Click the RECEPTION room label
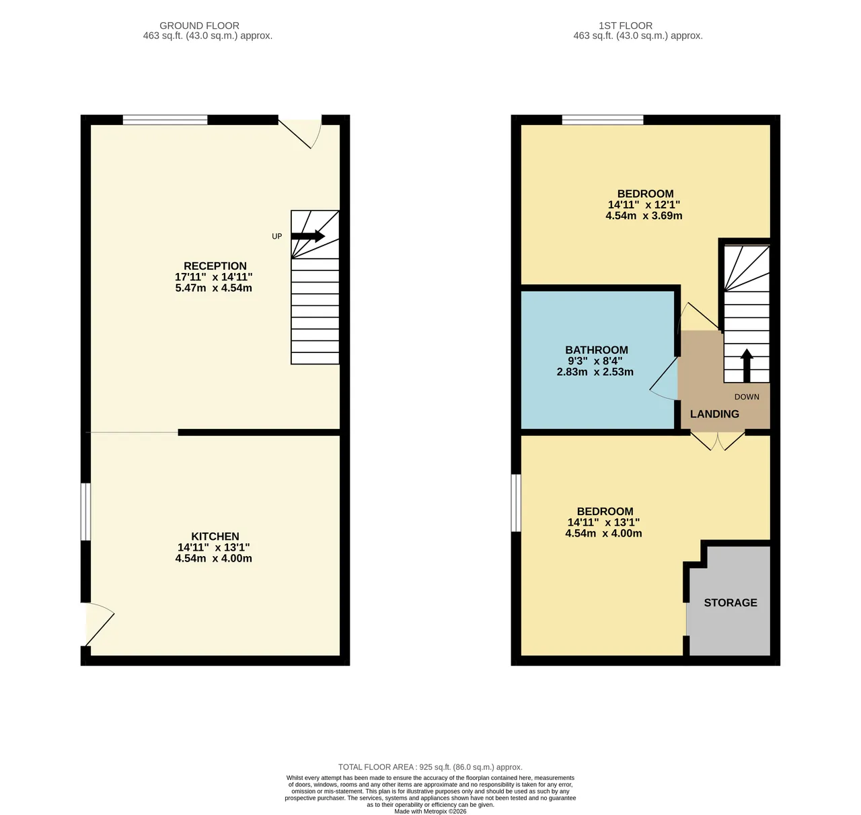[215, 266]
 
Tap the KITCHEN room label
[215, 537]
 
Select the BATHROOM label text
[597, 350]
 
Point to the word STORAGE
[731, 603]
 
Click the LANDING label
[715, 414]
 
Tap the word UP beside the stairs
[276, 237]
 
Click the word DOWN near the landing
[747, 397]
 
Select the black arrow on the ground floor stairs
[308, 236]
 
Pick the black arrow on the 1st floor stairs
[747, 366]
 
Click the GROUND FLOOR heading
[199, 26]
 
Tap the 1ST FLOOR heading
[626, 26]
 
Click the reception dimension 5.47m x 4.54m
[214, 288]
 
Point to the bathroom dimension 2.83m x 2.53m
[595, 372]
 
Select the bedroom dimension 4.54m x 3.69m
[644, 215]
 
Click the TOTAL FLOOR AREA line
[430, 767]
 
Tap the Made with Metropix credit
[430, 811]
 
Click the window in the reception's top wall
[165, 120]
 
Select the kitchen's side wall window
[85, 512]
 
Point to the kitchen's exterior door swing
[100, 625]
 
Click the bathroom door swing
[663, 379]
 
